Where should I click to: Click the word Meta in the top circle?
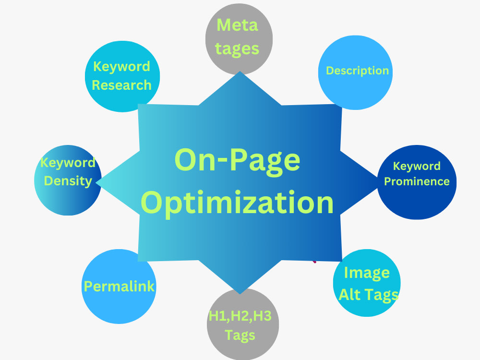pos(237,25)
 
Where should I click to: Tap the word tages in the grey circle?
pos(237,49)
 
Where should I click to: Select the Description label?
pos(357,71)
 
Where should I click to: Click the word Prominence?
pos(417,181)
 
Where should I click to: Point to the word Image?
pos(367,273)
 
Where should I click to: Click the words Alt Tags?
pos(369,295)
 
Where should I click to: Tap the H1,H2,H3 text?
pos(240,316)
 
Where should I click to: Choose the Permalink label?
pos(119,287)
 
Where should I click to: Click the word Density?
pos(68,181)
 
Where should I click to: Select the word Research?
pos(121,85)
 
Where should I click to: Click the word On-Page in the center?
pos(237,161)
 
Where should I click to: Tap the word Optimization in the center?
pos(237,203)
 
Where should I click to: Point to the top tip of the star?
pos(240,72)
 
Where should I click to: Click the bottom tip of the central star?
pos(240,294)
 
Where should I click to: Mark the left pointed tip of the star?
pos(96,182)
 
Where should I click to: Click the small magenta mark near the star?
pos(314,262)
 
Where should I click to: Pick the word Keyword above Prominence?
pos(417,166)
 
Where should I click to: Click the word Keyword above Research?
pos(121,66)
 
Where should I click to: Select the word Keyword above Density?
pos(68,163)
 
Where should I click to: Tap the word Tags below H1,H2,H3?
pos(240,335)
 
